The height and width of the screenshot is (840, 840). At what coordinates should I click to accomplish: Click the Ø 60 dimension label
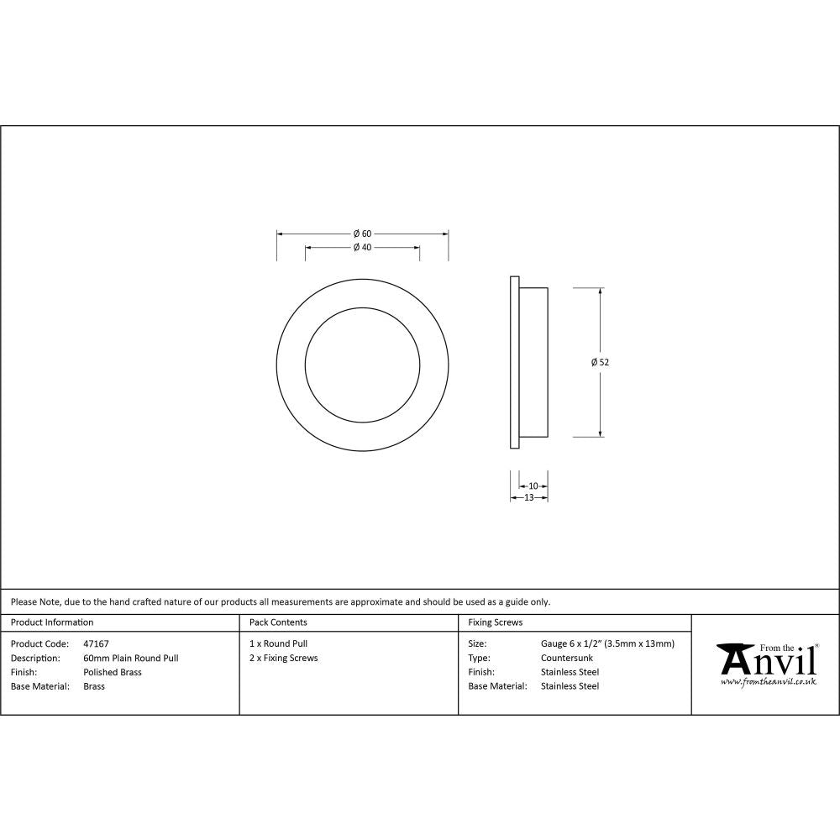(362, 234)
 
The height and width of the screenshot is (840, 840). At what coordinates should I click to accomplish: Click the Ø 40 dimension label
(362, 248)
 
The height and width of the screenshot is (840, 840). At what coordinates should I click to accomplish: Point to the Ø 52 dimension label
(600, 362)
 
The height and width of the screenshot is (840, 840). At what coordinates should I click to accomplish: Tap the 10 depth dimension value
(533, 486)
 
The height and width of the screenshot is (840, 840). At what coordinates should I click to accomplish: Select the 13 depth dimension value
(529, 497)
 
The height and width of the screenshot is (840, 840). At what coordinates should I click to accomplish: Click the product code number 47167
(97, 644)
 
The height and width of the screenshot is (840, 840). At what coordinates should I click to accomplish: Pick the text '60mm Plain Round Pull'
(131, 659)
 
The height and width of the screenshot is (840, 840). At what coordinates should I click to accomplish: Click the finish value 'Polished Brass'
(113, 673)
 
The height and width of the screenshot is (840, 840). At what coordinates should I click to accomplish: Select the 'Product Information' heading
(52, 622)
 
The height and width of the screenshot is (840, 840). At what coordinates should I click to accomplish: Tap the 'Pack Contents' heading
(278, 622)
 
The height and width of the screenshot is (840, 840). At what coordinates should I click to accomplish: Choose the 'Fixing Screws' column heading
(496, 622)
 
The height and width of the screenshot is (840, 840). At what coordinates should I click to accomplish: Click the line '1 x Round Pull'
(278, 644)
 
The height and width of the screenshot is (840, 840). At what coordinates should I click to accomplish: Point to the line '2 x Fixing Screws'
(284, 659)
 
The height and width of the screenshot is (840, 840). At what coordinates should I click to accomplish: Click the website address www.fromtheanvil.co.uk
(768, 682)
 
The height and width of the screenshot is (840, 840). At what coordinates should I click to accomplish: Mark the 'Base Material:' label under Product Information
(39, 687)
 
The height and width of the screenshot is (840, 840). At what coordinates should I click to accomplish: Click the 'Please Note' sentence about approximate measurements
(281, 602)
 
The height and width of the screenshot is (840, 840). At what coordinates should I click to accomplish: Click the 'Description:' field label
(35, 659)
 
